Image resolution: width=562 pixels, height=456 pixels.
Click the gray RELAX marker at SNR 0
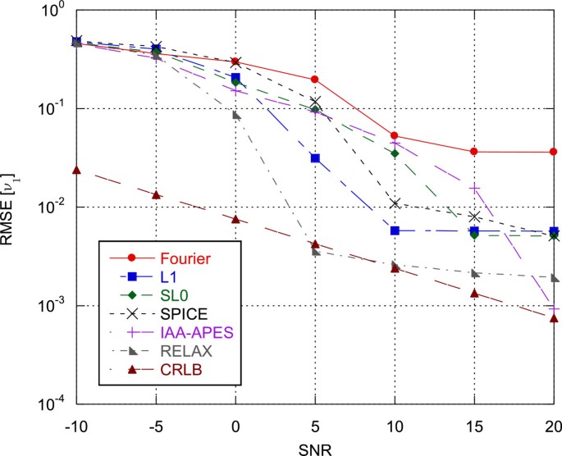(x=236, y=115)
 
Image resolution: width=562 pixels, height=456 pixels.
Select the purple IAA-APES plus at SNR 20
(x=554, y=308)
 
